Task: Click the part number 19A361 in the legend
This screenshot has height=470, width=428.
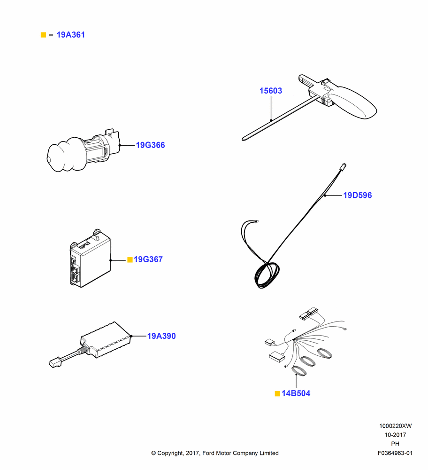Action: (71, 35)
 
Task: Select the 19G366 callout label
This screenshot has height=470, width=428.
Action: (150, 145)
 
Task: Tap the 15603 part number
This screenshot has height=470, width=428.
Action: (271, 91)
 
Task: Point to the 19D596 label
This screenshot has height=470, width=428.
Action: (357, 195)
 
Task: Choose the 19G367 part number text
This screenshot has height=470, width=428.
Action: (148, 259)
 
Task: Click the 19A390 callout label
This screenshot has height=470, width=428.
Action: (161, 336)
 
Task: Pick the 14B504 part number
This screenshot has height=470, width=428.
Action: (296, 393)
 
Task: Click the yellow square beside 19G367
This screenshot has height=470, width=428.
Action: (130, 259)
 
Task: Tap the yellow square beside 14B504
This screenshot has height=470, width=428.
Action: (277, 393)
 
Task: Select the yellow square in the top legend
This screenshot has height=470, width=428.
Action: (43, 35)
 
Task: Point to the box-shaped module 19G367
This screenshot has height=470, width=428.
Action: (90, 258)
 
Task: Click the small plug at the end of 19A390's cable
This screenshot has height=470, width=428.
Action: (55, 363)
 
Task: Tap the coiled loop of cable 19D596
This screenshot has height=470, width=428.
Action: (267, 275)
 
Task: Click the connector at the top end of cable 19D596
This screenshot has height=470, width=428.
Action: (344, 167)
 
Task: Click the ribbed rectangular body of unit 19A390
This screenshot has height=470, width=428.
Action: (106, 340)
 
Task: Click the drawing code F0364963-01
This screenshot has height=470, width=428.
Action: (395, 453)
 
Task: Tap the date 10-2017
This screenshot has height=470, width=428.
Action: (395, 435)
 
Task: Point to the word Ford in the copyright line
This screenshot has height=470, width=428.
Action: (209, 453)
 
